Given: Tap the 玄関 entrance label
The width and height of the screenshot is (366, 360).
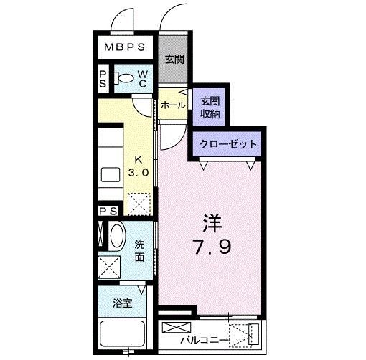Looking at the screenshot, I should coord(174,60).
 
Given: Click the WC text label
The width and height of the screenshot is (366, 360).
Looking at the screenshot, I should coord(143,79).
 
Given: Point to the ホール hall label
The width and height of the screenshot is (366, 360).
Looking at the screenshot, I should coord(173,105).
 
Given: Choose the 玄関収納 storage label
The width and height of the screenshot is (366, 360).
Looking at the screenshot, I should coord(210,107).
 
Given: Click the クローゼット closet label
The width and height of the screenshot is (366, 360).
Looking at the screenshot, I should coord(227,143).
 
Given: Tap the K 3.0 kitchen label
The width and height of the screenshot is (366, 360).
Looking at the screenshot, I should coord(139,166).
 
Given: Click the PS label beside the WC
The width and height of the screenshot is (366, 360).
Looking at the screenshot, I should coord(103,79).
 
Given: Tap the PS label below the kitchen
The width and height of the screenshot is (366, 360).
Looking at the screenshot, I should coord(109,211).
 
